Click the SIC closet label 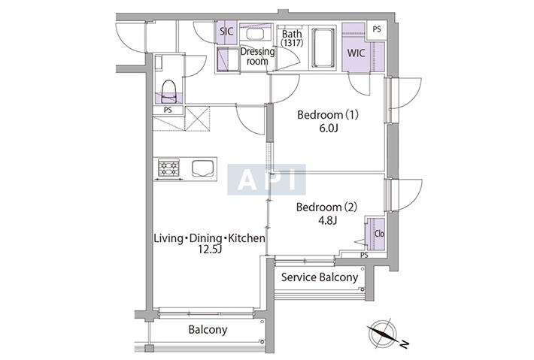coord(226,32)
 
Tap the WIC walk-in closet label coord(356,53)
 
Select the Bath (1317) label coord(292,38)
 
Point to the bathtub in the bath coord(323,47)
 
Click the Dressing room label coord(257,56)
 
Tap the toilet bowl coord(168,91)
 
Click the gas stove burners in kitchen coord(168,168)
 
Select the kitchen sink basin coord(202,168)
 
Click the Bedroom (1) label coord(328,115)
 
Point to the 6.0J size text coord(329,129)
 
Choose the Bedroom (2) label coord(326,207)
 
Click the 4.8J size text coord(327,220)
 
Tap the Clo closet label coord(379,234)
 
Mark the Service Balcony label coord(320,277)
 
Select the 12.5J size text coord(210,250)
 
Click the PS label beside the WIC coord(376,29)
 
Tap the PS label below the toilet coord(168,110)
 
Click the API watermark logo coord(267,180)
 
